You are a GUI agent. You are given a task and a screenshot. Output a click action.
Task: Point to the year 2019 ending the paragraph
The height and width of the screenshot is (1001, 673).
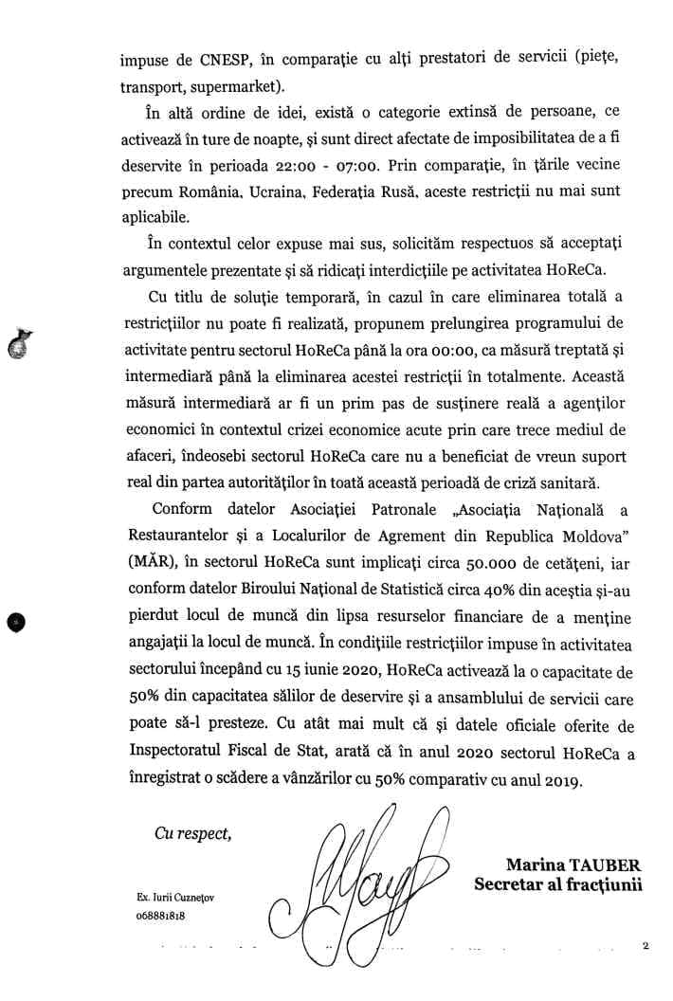[566, 784]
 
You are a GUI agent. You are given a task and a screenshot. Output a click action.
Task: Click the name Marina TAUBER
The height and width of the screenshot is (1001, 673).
[573, 864]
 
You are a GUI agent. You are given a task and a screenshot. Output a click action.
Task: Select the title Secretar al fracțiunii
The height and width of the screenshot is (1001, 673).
[558, 884]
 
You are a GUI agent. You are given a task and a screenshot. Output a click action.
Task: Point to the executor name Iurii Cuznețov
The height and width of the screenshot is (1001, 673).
[175, 897]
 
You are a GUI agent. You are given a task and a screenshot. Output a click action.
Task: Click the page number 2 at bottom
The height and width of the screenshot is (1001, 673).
[645, 945]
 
